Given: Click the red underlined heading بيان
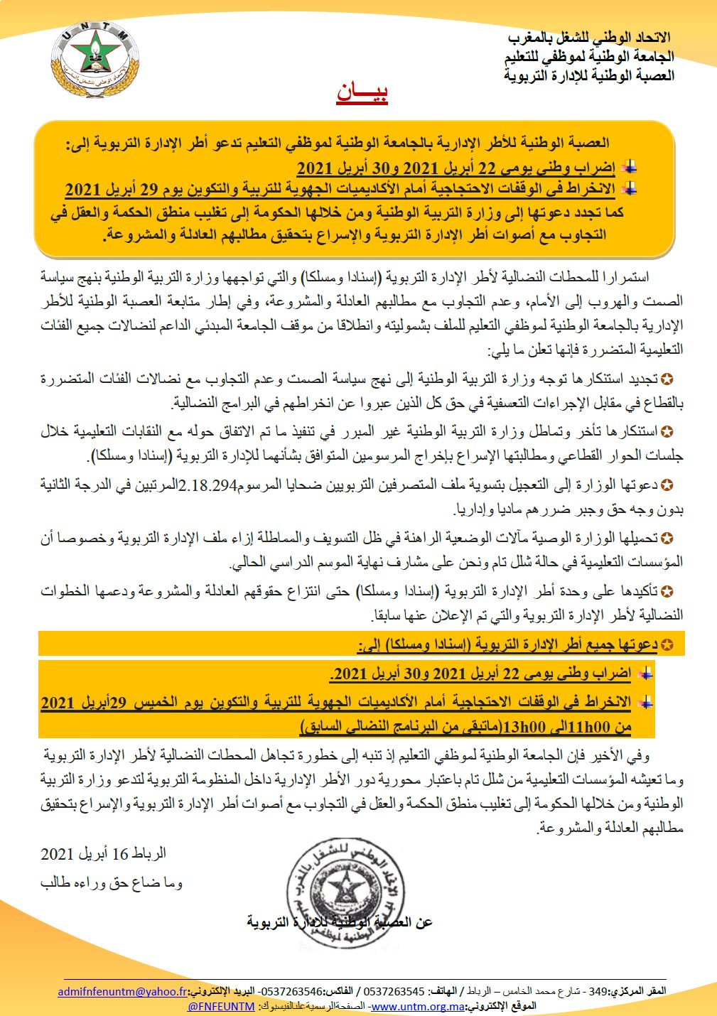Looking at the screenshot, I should tap(362, 94).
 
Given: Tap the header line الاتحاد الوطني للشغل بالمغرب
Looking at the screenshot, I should tap(590, 38).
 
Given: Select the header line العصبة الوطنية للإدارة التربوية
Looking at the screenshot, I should tap(589, 75).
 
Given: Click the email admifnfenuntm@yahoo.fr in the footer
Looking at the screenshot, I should tap(123, 992).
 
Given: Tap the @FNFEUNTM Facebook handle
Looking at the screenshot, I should tap(221, 1007).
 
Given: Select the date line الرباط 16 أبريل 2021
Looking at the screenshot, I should tap(104, 853).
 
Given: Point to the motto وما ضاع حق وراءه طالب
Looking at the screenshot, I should tap(112, 883).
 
